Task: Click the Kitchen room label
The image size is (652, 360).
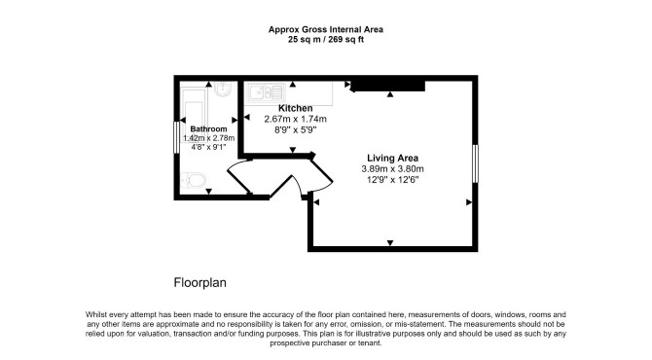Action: pos(295,108)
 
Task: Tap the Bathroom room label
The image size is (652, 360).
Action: pos(208,128)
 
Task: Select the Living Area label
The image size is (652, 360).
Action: pos(392,158)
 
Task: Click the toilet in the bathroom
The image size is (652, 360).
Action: pos(194,181)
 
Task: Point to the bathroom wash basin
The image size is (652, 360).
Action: pos(223,89)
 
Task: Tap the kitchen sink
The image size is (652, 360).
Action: pos(266,92)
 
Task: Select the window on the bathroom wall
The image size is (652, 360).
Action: pos(176,137)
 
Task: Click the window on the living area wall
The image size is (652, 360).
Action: pos(475,163)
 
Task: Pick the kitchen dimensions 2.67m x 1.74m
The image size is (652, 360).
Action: pos(295,120)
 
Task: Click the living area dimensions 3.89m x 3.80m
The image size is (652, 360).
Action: pos(392,169)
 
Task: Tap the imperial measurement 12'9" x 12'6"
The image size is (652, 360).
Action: pos(392,180)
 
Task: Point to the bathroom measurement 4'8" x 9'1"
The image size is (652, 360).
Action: pos(208,147)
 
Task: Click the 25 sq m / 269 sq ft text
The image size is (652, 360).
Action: pos(326,40)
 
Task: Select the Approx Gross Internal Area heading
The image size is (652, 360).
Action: pos(326,29)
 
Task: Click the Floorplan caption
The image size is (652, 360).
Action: pos(200,283)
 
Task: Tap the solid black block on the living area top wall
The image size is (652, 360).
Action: pos(387,86)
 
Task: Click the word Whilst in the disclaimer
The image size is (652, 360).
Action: pos(96,314)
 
